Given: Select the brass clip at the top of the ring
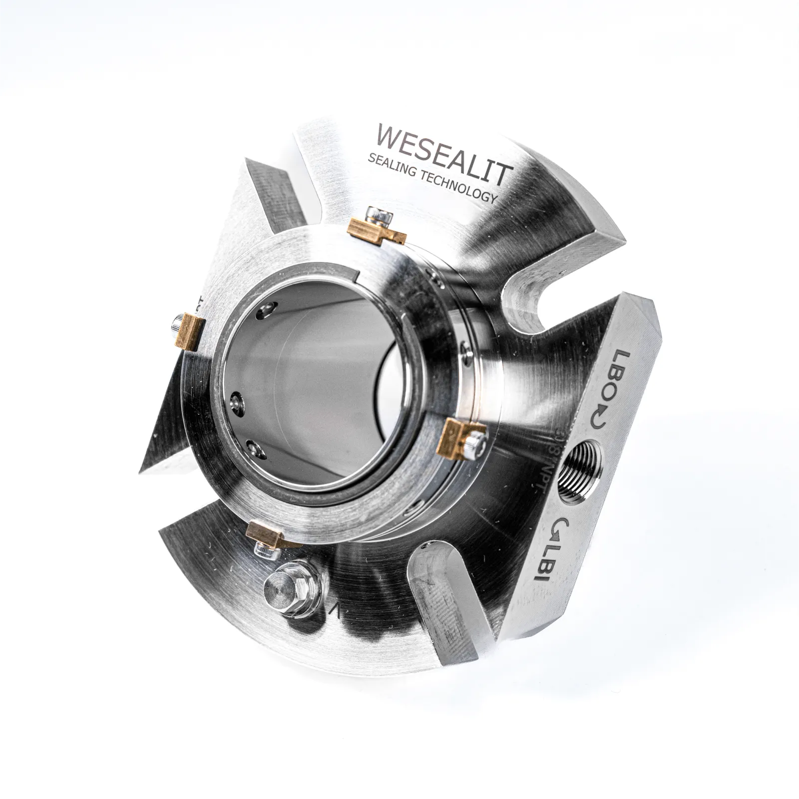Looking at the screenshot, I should point(376,231).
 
